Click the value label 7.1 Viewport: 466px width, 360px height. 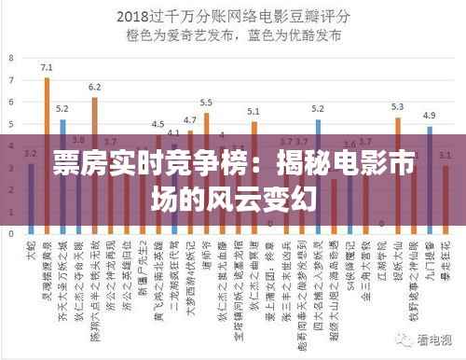tap(47, 68)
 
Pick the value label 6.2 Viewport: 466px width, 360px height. tap(94, 88)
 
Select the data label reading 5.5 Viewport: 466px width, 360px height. tap(206, 103)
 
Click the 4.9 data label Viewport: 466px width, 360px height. tap(429, 116)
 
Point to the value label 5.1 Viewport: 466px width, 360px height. tap(254, 112)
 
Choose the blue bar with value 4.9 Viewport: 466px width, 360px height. tap(430, 177)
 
